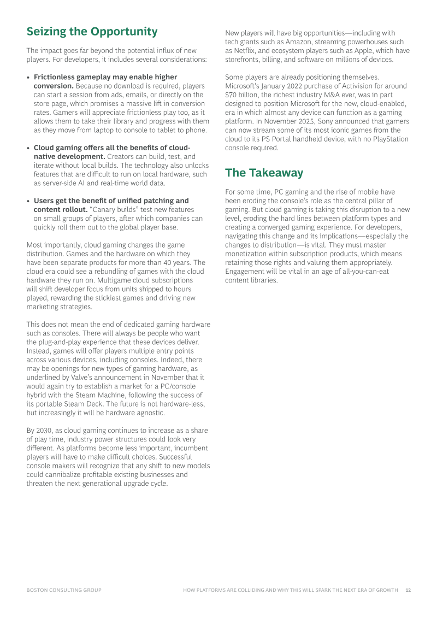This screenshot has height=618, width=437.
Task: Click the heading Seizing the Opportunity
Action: click(x=92, y=32)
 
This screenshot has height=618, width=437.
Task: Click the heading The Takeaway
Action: click(x=264, y=173)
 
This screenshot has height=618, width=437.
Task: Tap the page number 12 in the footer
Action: click(x=408, y=590)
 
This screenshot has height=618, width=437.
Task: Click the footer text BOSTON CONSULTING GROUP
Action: click(x=64, y=590)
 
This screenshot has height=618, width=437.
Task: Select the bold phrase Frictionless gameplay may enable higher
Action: click(x=105, y=77)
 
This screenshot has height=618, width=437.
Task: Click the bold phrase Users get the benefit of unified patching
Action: click(x=111, y=201)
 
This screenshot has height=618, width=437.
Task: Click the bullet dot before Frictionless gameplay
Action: click(x=28, y=78)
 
